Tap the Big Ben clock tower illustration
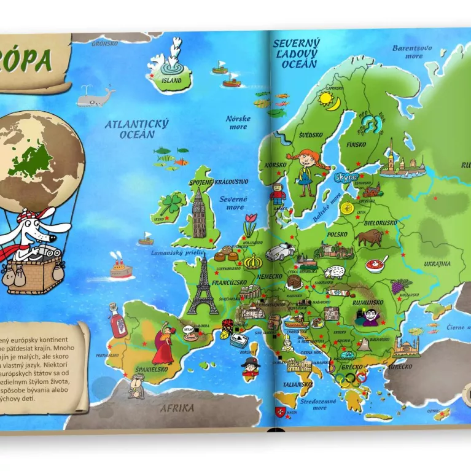198,212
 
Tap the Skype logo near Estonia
344,177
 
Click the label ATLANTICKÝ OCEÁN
136,128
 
